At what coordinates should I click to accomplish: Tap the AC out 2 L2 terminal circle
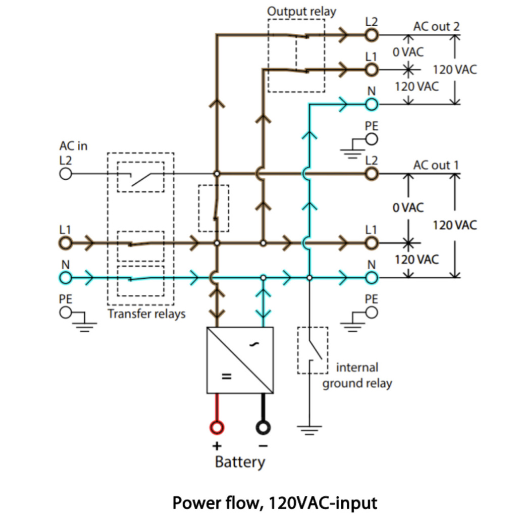[x=372, y=35]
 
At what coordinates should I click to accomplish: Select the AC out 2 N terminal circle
[x=372, y=105]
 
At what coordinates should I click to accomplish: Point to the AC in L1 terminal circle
[x=65, y=243]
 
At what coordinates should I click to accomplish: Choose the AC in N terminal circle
[x=65, y=277]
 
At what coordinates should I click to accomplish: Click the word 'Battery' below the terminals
[x=240, y=461]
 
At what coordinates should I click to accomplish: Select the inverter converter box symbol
[x=240, y=360]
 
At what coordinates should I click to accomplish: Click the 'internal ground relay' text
[x=357, y=375]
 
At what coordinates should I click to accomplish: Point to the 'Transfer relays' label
[x=146, y=314]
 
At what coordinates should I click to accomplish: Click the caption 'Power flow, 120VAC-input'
[x=275, y=502]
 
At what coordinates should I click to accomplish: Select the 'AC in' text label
[x=73, y=146]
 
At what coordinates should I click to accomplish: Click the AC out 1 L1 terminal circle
[x=372, y=243]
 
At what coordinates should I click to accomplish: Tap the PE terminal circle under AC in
[x=65, y=313]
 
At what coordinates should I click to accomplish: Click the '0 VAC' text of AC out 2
[x=409, y=52]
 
